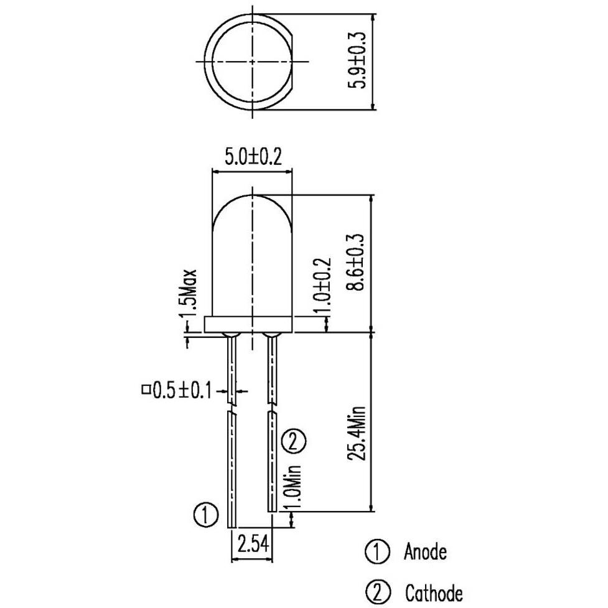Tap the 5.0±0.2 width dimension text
click(253, 157)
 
